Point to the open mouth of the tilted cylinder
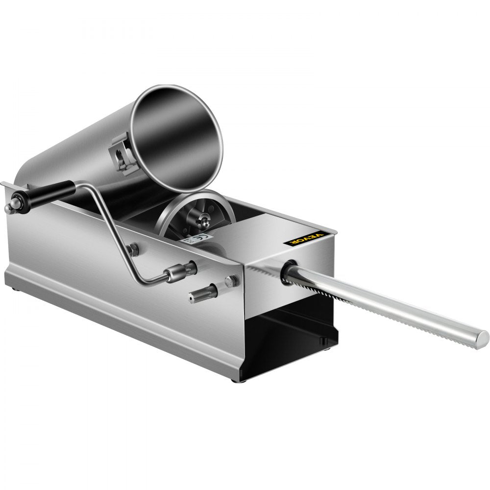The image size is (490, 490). coord(177,139)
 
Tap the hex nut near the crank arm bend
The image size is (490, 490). coord(132,250)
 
